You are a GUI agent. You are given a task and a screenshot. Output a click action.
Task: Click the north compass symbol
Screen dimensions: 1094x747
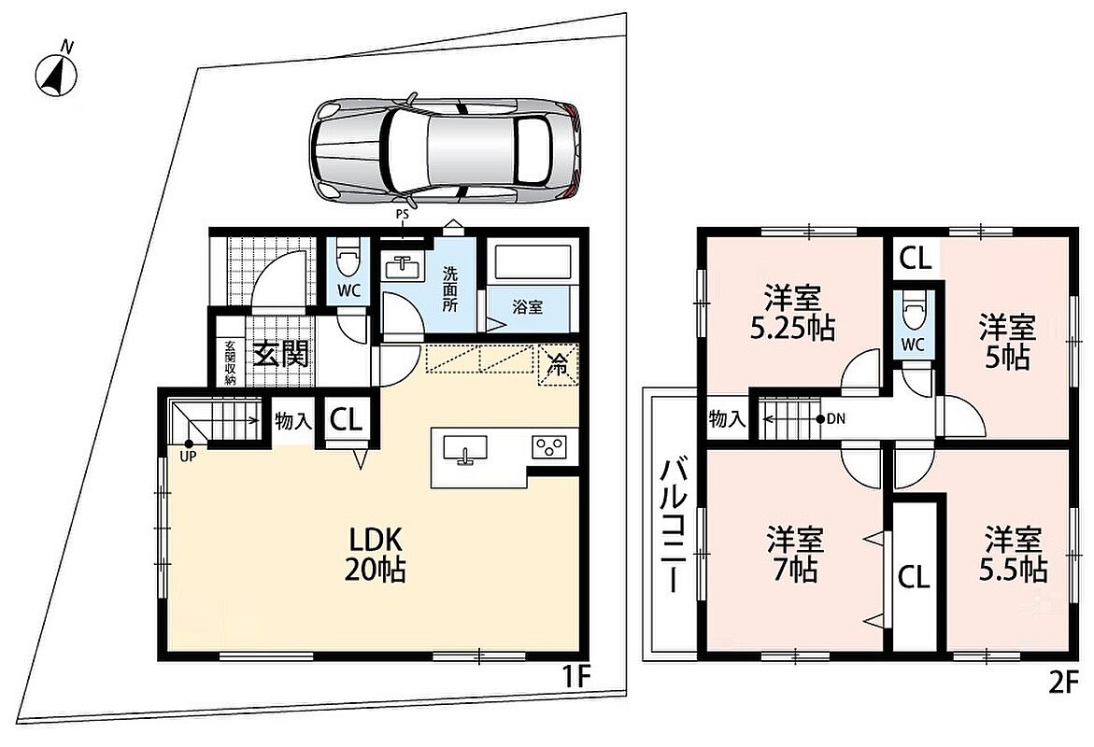tap(56, 74)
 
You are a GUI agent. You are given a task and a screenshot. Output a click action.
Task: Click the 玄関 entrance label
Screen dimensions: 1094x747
tap(280, 354)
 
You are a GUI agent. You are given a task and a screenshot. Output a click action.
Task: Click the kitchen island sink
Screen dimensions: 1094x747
tap(464, 449)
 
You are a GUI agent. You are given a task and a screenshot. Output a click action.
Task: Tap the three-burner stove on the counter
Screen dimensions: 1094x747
tap(549, 446)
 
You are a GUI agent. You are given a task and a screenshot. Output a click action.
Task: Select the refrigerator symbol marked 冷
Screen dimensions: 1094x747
tap(558, 363)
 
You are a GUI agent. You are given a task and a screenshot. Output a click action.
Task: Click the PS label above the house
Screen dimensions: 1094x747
tap(403, 215)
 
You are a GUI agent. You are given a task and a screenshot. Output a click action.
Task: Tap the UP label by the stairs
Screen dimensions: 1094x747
tap(189, 457)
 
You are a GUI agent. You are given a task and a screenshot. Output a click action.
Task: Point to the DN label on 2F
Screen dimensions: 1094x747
tap(836, 419)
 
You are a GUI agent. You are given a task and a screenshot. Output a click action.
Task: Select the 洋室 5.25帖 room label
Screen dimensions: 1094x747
tap(792, 313)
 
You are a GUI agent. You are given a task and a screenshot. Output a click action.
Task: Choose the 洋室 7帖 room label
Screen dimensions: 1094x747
tap(795, 556)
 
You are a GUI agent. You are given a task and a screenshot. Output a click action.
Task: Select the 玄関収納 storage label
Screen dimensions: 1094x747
tap(230, 362)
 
